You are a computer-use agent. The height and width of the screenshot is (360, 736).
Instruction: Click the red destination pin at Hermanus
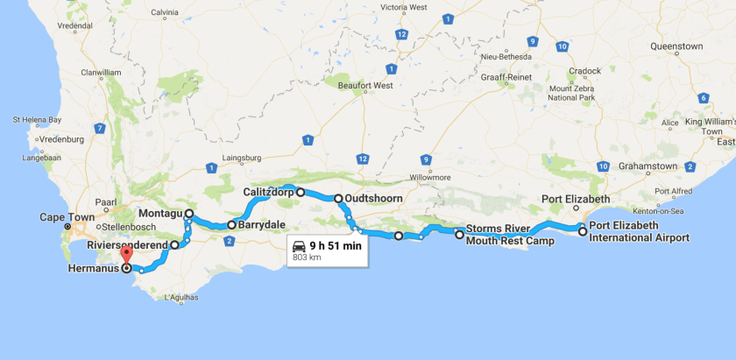pyautogui.click(x=125, y=255)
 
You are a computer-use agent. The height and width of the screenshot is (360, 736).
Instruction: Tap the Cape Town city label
pyautogui.click(x=67, y=217)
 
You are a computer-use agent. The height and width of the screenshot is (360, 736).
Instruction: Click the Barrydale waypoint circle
pyautogui.click(x=231, y=225)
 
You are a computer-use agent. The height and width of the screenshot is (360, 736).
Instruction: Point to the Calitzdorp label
pyautogui.click(x=268, y=192)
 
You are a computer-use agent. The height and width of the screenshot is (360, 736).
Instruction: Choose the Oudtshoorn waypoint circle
pyautogui.click(x=338, y=199)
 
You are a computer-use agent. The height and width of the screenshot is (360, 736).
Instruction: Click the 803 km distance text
pyautogui.click(x=306, y=258)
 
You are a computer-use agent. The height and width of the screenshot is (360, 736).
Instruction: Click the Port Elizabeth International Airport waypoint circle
pyautogui.click(x=582, y=231)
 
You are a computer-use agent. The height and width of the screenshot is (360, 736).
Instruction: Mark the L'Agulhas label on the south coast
pyautogui.click(x=182, y=300)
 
